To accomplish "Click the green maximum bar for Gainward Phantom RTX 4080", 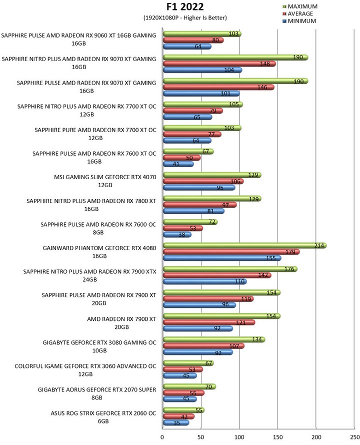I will tap(244, 245).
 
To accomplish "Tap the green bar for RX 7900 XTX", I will tap(230, 269).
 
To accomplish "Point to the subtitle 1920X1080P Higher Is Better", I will tap(185, 18).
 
